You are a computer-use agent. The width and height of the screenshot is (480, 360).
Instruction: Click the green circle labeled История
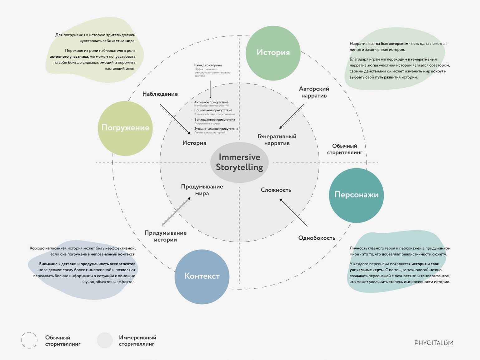pyautogui.click(x=273, y=53)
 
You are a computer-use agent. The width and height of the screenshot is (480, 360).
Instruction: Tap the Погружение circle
pyautogui.click(x=125, y=128)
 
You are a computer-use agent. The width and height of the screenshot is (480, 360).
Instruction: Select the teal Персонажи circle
pyautogui.click(x=356, y=195)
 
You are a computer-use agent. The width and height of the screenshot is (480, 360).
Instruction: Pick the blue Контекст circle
pyautogui.click(x=202, y=276)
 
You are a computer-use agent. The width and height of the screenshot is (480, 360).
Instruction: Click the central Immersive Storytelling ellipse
pyautogui.click(x=239, y=162)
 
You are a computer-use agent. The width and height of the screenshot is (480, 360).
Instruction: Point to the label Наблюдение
pyautogui.click(x=160, y=94)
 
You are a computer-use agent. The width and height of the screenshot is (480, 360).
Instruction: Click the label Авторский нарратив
pyautogui.click(x=314, y=92)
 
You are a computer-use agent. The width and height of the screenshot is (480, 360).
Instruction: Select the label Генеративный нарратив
pyautogui.click(x=277, y=140)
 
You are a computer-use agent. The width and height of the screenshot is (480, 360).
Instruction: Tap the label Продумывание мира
pyautogui.click(x=202, y=190)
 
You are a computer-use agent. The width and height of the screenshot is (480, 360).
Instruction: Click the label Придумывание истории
pyautogui.click(x=165, y=236)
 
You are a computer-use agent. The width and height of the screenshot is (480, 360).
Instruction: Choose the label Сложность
pyautogui.click(x=276, y=190)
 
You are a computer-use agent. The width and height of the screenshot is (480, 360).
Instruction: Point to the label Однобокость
pyautogui.click(x=317, y=238)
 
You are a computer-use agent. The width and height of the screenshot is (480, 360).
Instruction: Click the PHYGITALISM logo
pyautogui.click(x=434, y=343)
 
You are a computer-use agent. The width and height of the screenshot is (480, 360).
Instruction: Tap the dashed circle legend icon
pyautogui.click(x=29, y=340)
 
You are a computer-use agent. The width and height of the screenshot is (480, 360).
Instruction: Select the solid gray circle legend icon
pyautogui.click(x=105, y=340)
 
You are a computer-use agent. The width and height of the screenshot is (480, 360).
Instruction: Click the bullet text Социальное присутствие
pyautogui.click(x=213, y=110)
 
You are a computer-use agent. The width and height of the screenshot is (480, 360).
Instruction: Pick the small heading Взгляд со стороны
pyautogui.click(x=208, y=65)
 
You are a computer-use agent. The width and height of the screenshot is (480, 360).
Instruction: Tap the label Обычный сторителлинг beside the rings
pyautogui.click(x=344, y=149)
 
